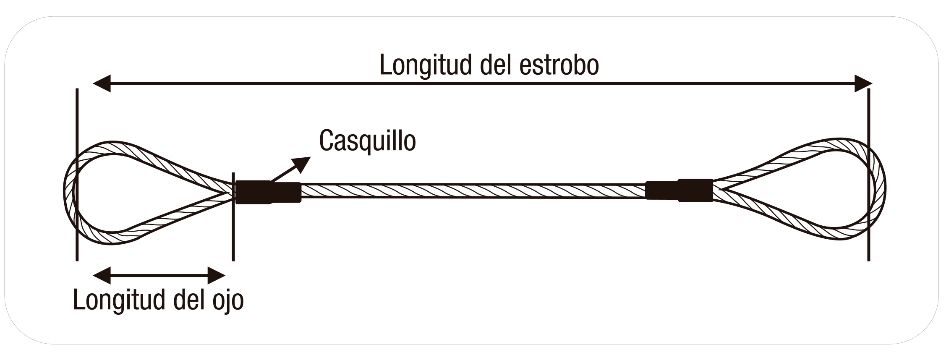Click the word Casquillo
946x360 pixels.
click(x=367, y=141)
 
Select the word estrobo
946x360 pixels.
click(x=559, y=65)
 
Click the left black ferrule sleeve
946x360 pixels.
click(x=268, y=192)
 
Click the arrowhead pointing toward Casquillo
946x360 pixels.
click(x=302, y=164)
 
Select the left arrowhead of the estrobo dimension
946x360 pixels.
click(x=102, y=83)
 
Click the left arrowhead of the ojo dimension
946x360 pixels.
click(x=102, y=275)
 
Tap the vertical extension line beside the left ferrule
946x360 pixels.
click(x=233, y=243)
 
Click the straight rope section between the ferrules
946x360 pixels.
click(x=472, y=191)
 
